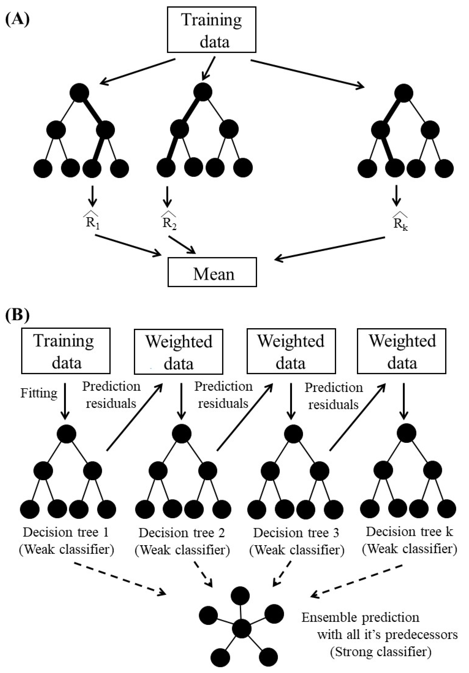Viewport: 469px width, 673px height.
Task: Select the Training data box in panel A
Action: [212, 30]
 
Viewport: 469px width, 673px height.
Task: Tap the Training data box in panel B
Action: [66, 351]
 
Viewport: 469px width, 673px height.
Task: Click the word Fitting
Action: [39, 393]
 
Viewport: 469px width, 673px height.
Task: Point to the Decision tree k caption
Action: [409, 531]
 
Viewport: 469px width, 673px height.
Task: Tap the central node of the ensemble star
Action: [241, 629]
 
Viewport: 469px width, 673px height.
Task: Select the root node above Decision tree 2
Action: [181, 434]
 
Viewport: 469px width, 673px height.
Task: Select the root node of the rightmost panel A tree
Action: [403, 93]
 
